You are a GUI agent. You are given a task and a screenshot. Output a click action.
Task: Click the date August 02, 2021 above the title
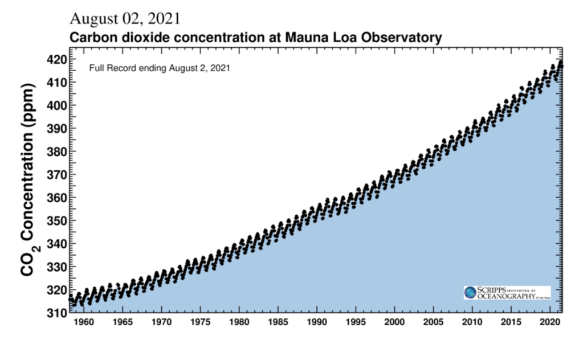tap(125, 18)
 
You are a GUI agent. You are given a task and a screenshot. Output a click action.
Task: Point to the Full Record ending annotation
tap(159, 68)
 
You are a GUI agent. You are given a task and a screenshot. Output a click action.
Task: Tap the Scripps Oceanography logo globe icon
tap(471, 293)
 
